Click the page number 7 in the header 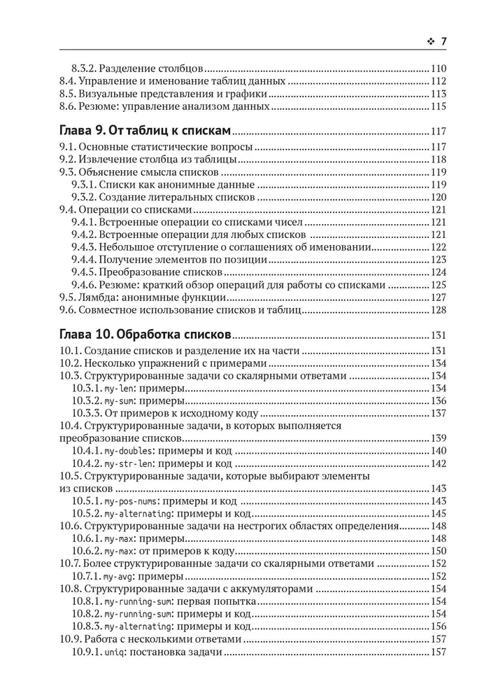coord(443,43)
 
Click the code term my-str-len coord(125,463)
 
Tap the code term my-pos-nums coord(128,501)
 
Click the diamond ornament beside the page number coord(429,43)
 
